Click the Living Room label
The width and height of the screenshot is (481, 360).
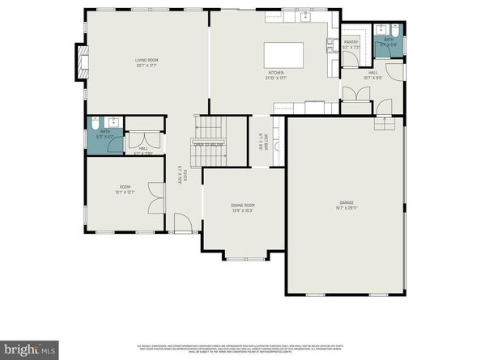[147, 63]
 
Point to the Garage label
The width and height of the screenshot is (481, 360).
[346, 205]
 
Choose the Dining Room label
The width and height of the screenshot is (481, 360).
[243, 208]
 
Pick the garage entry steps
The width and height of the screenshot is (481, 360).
[381, 124]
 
